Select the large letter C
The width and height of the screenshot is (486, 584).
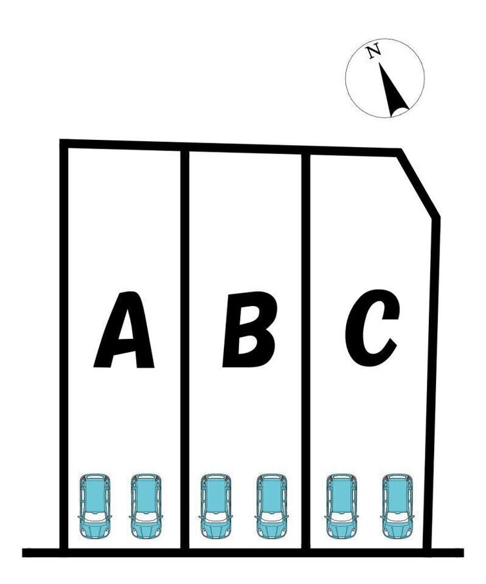point(371,328)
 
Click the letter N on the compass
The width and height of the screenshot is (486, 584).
point(374,51)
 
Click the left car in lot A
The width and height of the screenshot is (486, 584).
point(95,505)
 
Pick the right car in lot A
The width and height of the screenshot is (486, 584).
point(146,505)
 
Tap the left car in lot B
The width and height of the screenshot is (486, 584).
point(215,505)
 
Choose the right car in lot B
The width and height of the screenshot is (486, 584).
point(271,505)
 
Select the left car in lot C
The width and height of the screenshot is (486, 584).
point(342,505)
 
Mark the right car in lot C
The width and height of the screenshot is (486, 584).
point(397,505)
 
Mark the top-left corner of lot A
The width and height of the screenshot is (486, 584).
point(64,143)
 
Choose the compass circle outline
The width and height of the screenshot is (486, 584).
point(346,78)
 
